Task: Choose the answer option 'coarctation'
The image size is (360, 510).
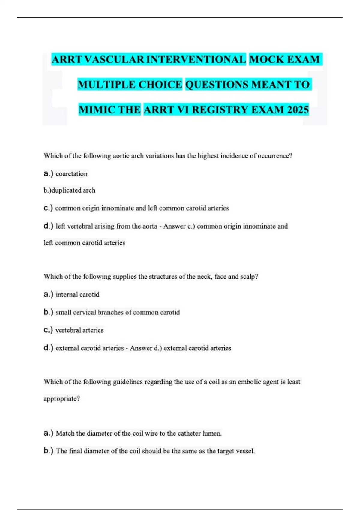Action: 72,174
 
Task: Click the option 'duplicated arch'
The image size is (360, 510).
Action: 73,190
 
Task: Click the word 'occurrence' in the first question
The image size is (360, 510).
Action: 274,156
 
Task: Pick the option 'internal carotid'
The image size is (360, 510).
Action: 77,295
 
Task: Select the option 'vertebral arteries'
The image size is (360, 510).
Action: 79,330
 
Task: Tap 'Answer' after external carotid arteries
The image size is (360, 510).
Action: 141,348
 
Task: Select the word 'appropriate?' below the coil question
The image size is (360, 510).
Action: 62,399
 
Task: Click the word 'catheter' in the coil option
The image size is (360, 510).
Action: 189,433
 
